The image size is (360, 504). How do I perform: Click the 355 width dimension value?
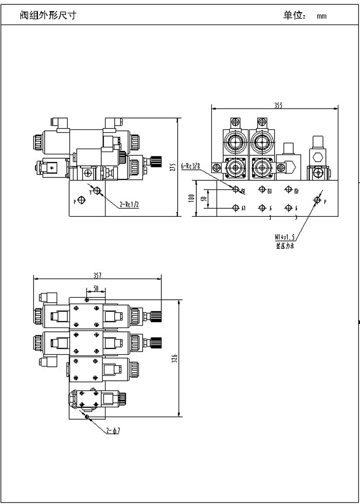278,105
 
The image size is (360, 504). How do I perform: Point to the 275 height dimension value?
174,167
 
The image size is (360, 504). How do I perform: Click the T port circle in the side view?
97,191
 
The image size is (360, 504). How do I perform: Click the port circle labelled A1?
235,208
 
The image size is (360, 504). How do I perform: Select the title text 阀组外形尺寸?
47,15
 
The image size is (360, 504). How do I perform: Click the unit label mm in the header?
321,16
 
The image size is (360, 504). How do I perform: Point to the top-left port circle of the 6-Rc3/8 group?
236,189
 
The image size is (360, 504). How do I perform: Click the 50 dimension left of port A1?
203,199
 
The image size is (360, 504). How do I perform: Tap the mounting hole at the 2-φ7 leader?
86,416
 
